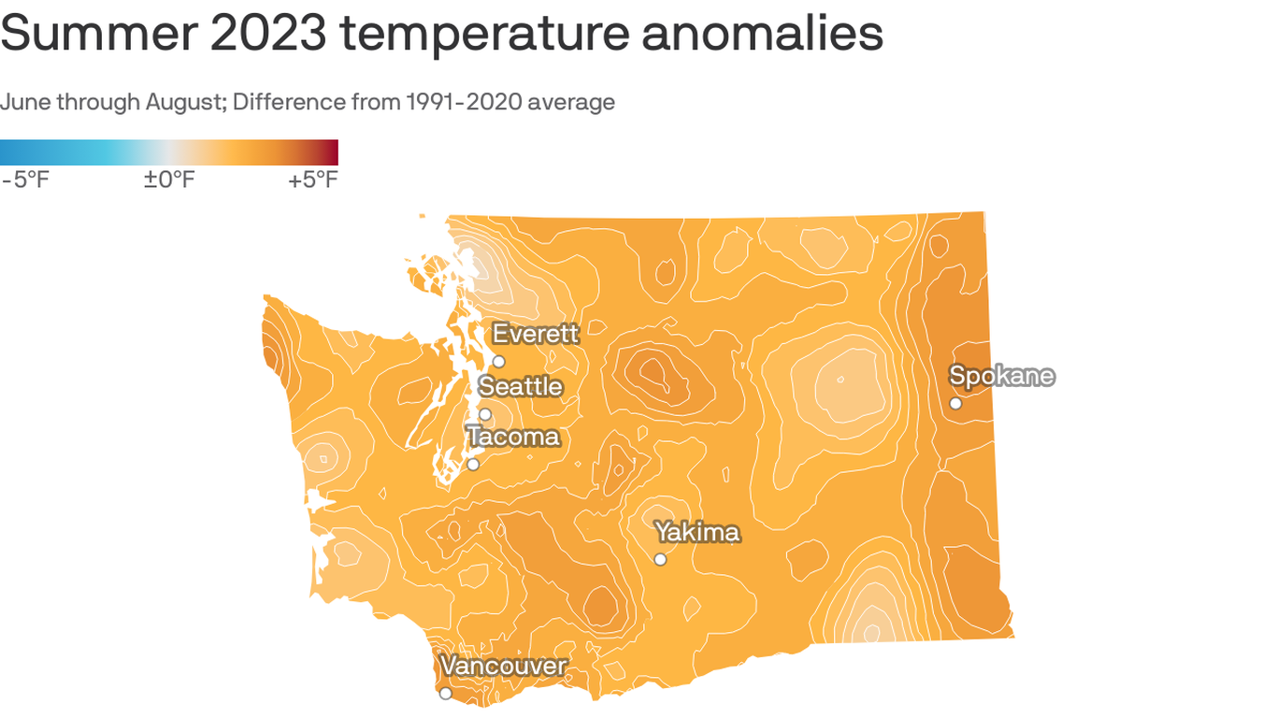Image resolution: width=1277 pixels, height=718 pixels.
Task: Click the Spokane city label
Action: click(1001, 376)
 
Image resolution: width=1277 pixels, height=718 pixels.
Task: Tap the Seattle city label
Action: click(521, 386)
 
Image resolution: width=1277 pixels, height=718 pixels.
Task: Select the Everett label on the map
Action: click(536, 333)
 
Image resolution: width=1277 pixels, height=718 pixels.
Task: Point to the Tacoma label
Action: click(513, 437)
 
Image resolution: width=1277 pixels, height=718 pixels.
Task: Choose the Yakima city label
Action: click(697, 532)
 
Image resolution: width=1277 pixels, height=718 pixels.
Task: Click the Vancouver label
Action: click(504, 666)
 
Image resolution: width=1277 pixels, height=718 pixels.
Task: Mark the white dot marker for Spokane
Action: click(955, 403)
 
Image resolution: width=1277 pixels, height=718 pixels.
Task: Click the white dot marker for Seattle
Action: click(485, 414)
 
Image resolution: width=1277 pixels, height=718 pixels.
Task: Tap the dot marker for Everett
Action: click(498, 361)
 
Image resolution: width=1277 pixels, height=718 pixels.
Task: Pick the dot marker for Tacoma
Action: click(473, 464)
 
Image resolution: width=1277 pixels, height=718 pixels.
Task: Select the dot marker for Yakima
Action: click(660, 559)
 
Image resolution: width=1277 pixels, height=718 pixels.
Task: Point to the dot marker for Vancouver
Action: click(446, 693)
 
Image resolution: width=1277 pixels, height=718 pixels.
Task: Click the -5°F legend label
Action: click(24, 179)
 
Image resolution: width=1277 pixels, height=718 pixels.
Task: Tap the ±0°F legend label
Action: click(169, 179)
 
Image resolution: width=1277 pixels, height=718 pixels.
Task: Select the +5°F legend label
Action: click(313, 179)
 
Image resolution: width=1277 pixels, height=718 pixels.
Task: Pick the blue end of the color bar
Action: click(7, 152)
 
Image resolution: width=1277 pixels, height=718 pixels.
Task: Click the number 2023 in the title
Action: click(269, 34)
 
